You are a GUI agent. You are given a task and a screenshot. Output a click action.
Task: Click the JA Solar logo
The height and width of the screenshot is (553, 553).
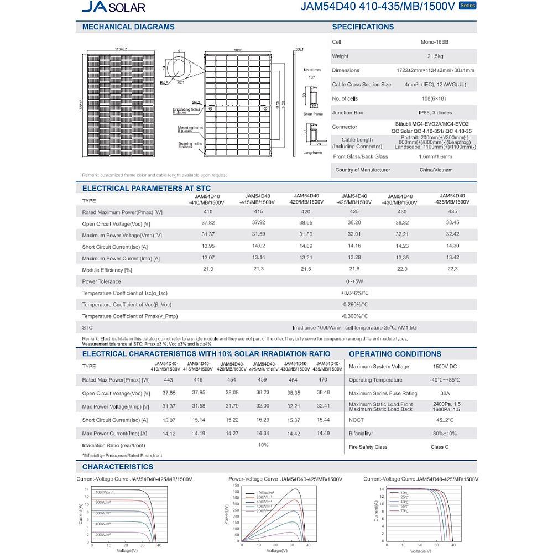click(113, 7)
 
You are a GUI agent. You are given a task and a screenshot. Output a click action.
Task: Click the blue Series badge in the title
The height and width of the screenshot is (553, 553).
click(467, 6)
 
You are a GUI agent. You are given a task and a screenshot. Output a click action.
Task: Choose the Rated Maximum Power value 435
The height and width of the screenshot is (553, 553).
click(452, 212)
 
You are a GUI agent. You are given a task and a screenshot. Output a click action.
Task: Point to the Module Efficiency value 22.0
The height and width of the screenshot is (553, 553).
click(402, 269)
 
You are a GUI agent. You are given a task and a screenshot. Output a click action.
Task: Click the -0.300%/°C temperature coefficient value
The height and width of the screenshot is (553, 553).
click(354, 316)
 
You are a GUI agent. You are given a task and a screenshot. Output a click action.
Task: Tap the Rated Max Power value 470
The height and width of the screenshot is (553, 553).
click(323, 380)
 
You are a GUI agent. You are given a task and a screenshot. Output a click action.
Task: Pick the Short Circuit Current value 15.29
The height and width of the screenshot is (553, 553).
click(263, 420)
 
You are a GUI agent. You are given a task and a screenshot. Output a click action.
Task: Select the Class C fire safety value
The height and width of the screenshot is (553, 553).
click(440, 447)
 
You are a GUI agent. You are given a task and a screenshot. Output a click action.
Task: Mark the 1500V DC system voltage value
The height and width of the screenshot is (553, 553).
click(445, 367)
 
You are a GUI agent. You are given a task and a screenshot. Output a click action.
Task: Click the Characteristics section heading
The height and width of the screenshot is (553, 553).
click(117, 467)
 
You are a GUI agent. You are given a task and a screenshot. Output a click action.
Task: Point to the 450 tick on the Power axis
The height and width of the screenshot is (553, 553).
click(236, 484)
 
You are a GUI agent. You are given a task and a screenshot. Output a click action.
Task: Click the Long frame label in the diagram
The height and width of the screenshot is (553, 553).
click(313, 153)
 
